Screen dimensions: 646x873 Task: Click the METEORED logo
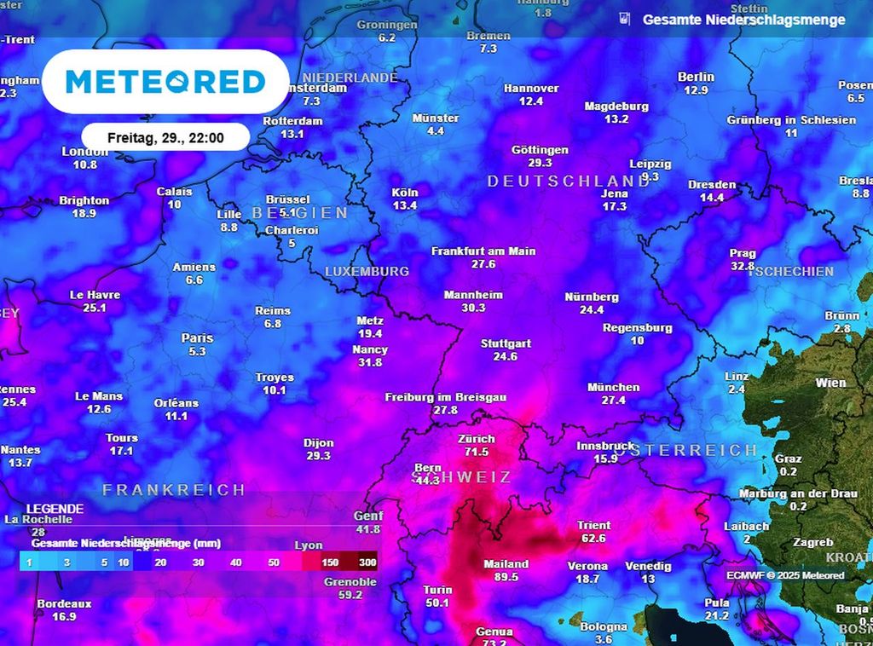165,82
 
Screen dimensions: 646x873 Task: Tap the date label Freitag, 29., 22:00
165,137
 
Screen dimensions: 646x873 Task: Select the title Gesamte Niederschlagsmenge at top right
743,20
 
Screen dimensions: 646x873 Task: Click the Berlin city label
696,77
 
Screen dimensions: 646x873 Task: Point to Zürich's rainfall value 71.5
477,452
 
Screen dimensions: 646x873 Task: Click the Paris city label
197,338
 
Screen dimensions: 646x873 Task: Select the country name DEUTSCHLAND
568,182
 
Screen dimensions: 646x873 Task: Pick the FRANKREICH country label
174,490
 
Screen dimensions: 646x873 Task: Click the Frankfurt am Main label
483,251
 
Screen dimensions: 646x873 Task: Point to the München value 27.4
613,400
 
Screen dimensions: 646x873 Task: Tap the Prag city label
743,253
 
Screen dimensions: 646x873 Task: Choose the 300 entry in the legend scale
367,562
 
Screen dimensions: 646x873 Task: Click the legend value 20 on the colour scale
161,562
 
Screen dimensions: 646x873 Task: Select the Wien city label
830,383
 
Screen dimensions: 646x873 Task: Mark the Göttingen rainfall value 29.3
540,162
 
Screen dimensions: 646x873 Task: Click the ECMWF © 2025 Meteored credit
785,575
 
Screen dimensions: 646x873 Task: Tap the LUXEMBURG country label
367,271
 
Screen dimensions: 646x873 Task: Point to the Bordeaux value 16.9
64,616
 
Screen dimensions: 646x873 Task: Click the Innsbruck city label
605,446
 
